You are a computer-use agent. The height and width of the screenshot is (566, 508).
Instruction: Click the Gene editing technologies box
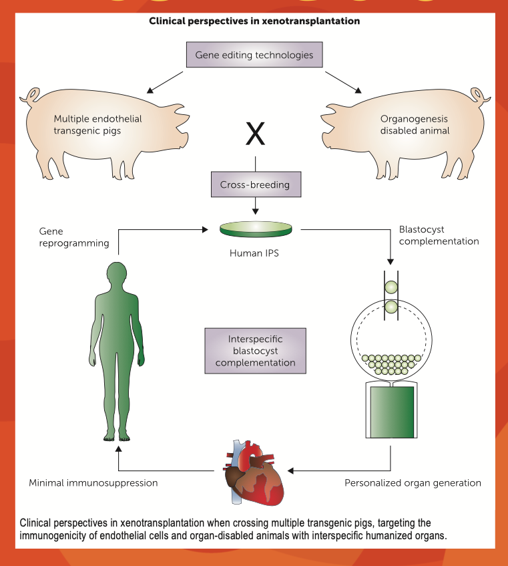tap(254, 55)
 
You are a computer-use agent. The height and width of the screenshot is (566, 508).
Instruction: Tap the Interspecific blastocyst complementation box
tap(256, 349)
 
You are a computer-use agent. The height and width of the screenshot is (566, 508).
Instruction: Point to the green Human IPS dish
tap(256, 229)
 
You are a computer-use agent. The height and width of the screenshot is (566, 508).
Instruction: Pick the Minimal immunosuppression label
tap(93, 482)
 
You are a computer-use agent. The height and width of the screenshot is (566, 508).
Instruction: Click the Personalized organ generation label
tap(413, 482)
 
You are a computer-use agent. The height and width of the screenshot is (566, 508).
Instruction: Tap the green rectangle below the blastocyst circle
tap(392, 411)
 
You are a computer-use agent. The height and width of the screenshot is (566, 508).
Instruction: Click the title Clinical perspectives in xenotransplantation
tap(254, 21)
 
